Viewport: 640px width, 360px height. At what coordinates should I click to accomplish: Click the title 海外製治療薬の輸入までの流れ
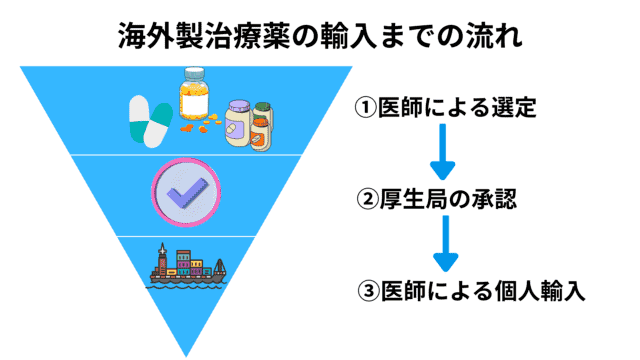click(x=320, y=37)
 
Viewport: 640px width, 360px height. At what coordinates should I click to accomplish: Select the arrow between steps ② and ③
click(x=442, y=246)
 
